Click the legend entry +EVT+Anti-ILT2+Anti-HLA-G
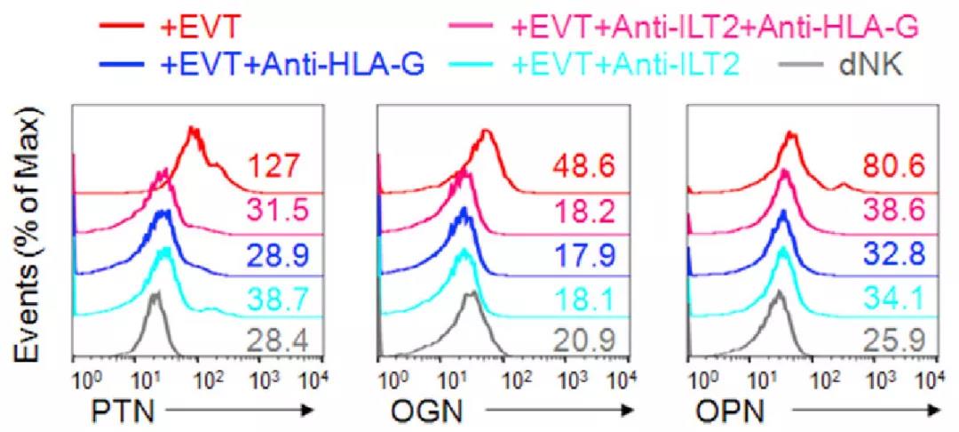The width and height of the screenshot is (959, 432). coord(715,28)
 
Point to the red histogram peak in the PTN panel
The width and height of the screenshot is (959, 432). coord(192,131)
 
